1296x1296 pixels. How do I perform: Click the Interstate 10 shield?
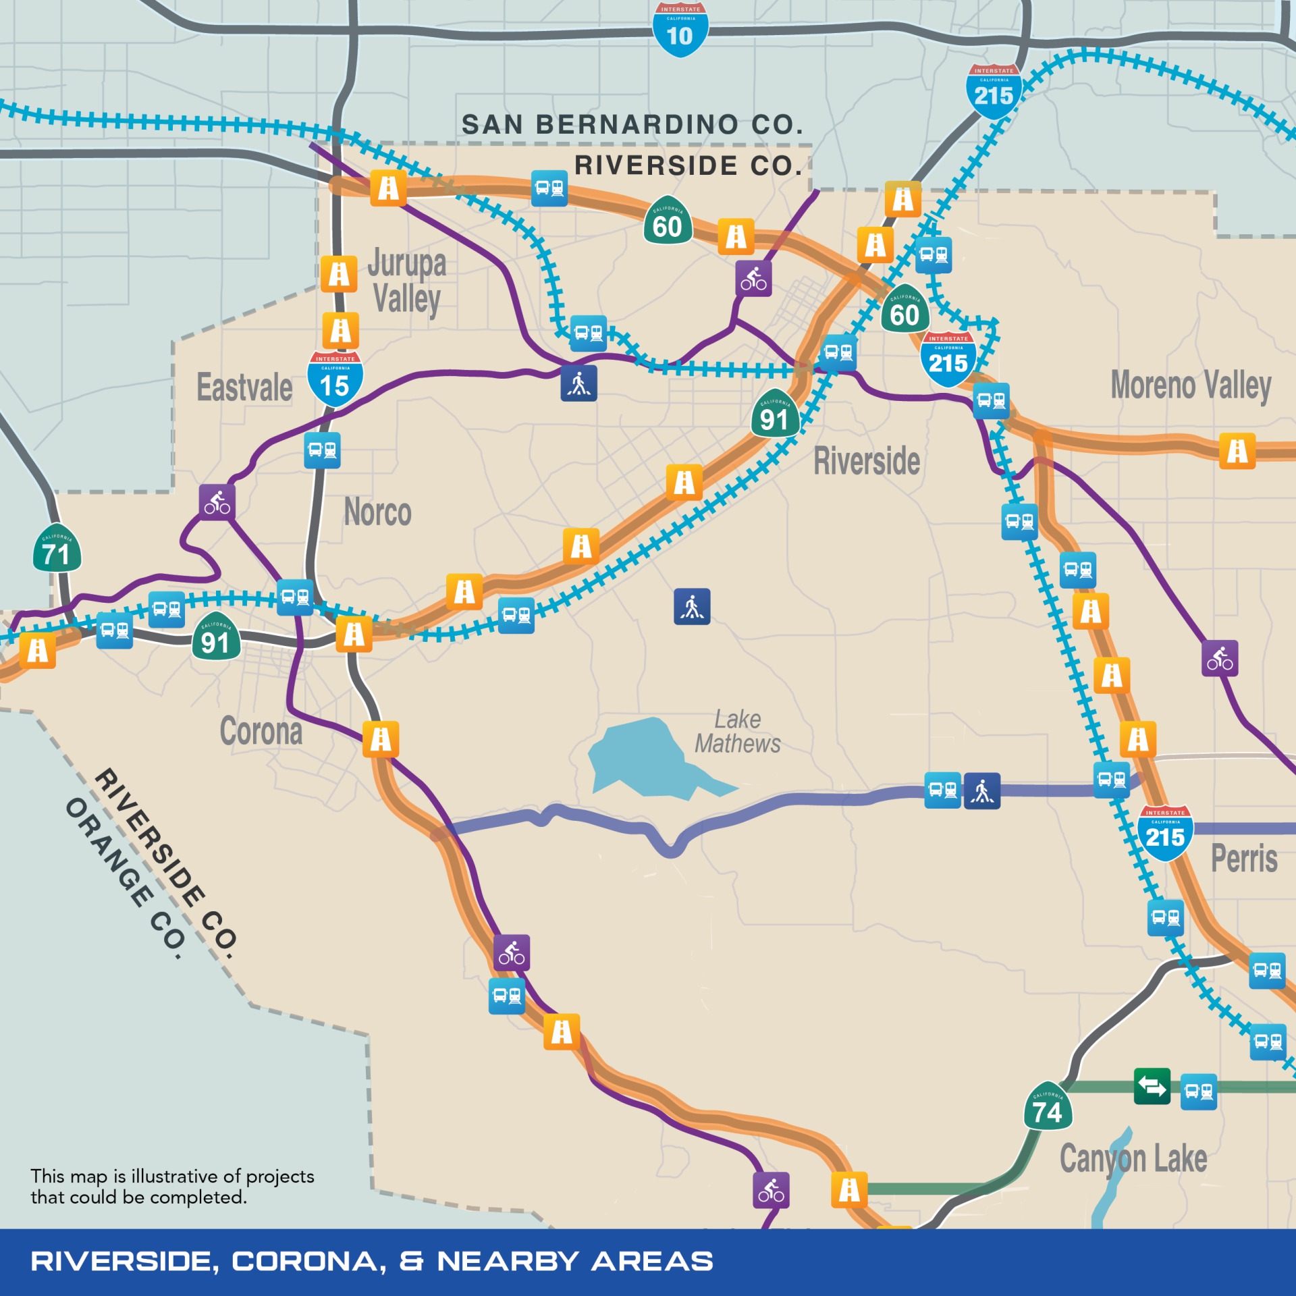pos(680,30)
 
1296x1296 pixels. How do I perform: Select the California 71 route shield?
pos(57,548)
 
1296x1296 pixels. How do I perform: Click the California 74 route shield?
pos(1048,1106)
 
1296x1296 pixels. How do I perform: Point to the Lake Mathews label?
pos(737,731)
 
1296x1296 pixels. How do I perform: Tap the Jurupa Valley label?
pos(407,281)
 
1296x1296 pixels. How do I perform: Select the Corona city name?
pos(261,731)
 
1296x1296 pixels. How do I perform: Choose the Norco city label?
pos(377,512)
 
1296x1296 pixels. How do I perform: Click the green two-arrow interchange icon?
pos(1152,1086)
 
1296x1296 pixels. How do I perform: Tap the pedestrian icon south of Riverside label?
pos(692,606)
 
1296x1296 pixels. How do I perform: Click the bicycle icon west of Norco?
pos(217,502)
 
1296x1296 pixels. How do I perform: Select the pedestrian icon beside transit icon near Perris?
pos(982,790)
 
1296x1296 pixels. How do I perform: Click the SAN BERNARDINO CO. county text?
pos(632,124)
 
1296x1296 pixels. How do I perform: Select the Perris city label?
pos(1244,858)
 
